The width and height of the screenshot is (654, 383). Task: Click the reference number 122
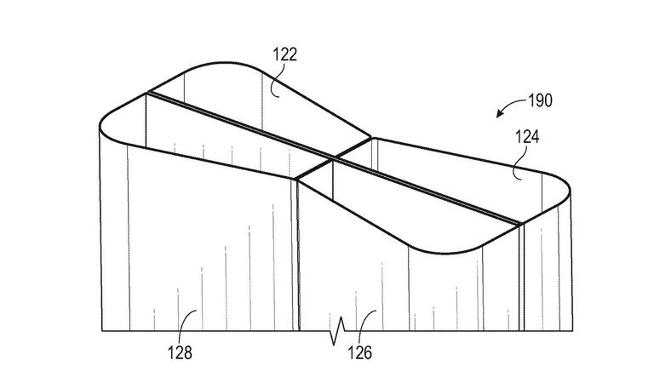(x=285, y=54)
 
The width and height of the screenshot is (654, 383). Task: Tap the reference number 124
(x=527, y=137)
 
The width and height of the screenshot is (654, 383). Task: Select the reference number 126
(x=359, y=353)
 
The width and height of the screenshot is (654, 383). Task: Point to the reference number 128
(x=180, y=353)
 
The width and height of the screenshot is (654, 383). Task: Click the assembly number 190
(x=540, y=100)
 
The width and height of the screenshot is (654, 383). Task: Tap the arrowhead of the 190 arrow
(x=499, y=114)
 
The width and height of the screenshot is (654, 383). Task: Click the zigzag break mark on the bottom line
(x=338, y=331)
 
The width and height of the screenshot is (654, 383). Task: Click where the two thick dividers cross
(x=334, y=158)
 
